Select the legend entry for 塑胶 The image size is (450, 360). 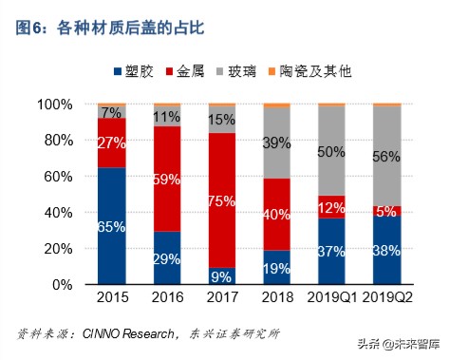click(x=138, y=71)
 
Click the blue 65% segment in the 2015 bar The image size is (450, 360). click(x=112, y=226)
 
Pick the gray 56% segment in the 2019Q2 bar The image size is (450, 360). click(x=387, y=157)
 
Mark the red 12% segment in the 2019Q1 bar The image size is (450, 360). click(x=332, y=207)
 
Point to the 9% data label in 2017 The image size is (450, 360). click(x=222, y=276)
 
